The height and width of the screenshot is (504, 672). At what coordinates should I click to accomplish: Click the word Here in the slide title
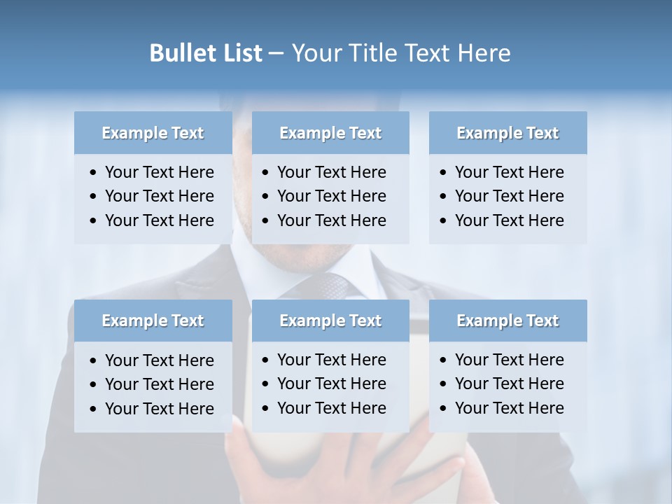tap(484, 53)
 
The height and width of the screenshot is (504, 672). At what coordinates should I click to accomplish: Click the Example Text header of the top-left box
tap(153, 133)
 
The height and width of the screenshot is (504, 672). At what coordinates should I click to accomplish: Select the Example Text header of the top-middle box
tap(330, 133)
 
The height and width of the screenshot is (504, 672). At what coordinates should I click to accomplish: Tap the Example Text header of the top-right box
tap(507, 133)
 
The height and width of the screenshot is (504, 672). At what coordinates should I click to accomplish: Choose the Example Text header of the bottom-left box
tap(153, 321)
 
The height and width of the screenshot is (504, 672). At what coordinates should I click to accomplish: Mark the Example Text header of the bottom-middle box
tap(330, 321)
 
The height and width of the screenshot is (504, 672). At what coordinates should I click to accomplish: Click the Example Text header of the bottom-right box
tap(507, 321)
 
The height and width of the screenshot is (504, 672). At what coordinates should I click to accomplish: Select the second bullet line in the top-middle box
tap(331, 196)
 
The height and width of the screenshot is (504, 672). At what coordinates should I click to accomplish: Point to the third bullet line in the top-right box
tap(509, 220)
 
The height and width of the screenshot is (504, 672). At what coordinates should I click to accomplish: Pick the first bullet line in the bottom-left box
tap(159, 360)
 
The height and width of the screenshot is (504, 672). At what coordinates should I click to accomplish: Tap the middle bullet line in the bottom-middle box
tap(331, 384)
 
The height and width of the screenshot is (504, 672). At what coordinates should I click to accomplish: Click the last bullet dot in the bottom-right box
tap(443, 409)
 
